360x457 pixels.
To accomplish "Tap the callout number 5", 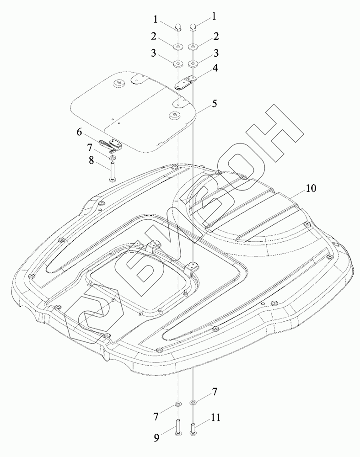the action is click(215, 103).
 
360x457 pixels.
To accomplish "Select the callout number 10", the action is click(311, 188).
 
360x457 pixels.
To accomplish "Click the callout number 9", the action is click(156, 438).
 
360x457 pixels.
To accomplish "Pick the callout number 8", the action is click(91, 160).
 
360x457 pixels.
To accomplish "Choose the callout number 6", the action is click(79, 132).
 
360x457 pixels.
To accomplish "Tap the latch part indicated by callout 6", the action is click(111, 146).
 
